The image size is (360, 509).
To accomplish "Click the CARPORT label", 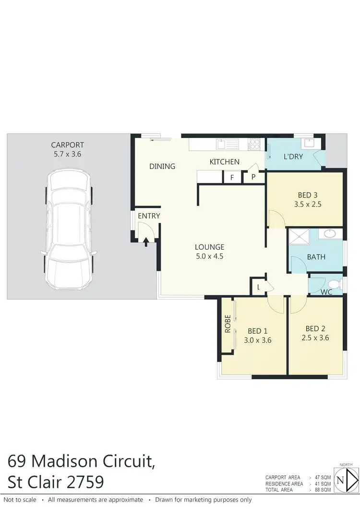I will pos(68,145).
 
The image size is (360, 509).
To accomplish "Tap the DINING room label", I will pos(162,167).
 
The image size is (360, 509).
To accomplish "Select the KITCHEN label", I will pos(224,162).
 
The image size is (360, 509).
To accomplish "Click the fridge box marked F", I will pos(232,177).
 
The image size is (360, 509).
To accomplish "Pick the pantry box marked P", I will pos(252,177).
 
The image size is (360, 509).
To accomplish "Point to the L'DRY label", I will pos(293,157).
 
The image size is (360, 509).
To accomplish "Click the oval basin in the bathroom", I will pos(331,234).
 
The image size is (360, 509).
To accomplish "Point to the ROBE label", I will pos(228,324).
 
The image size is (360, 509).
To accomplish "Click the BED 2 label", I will pos(316,329).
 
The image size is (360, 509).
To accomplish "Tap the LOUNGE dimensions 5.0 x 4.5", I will pos(210,256).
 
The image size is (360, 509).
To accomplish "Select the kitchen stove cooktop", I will pos(254,143).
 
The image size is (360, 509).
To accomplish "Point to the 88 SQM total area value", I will pos(324,490).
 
